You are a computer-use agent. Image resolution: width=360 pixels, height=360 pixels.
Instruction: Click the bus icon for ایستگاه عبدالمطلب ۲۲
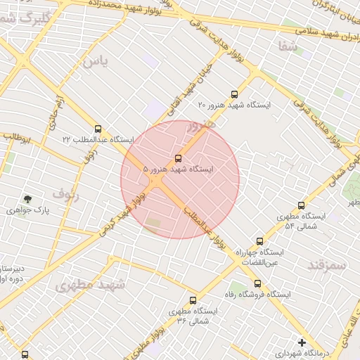(x=97, y=129)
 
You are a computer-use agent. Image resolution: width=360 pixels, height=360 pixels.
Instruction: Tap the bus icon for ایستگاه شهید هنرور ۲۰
(x=234, y=94)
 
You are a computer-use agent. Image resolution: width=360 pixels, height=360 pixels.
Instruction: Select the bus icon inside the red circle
(x=177, y=158)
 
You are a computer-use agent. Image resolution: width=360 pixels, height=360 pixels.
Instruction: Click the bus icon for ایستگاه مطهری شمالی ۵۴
(x=301, y=205)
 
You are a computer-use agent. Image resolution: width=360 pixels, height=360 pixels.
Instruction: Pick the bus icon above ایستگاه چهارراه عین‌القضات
(x=259, y=241)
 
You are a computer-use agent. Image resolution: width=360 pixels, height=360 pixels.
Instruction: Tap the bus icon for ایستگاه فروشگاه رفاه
(x=257, y=283)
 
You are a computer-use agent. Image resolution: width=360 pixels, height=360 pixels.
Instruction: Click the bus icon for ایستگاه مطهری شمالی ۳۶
(x=193, y=300)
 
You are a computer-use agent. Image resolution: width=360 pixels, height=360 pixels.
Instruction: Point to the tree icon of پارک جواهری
(x=27, y=200)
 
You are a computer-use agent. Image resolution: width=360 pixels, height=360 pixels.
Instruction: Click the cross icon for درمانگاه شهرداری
(x=302, y=342)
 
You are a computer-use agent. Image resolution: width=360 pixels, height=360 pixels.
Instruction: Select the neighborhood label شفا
(x=288, y=46)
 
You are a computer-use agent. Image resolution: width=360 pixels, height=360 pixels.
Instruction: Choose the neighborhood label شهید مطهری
(x=90, y=285)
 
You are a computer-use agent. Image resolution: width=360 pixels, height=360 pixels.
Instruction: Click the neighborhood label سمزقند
(x=328, y=264)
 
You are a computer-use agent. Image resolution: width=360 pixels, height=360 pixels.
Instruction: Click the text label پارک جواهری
(x=22, y=210)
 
